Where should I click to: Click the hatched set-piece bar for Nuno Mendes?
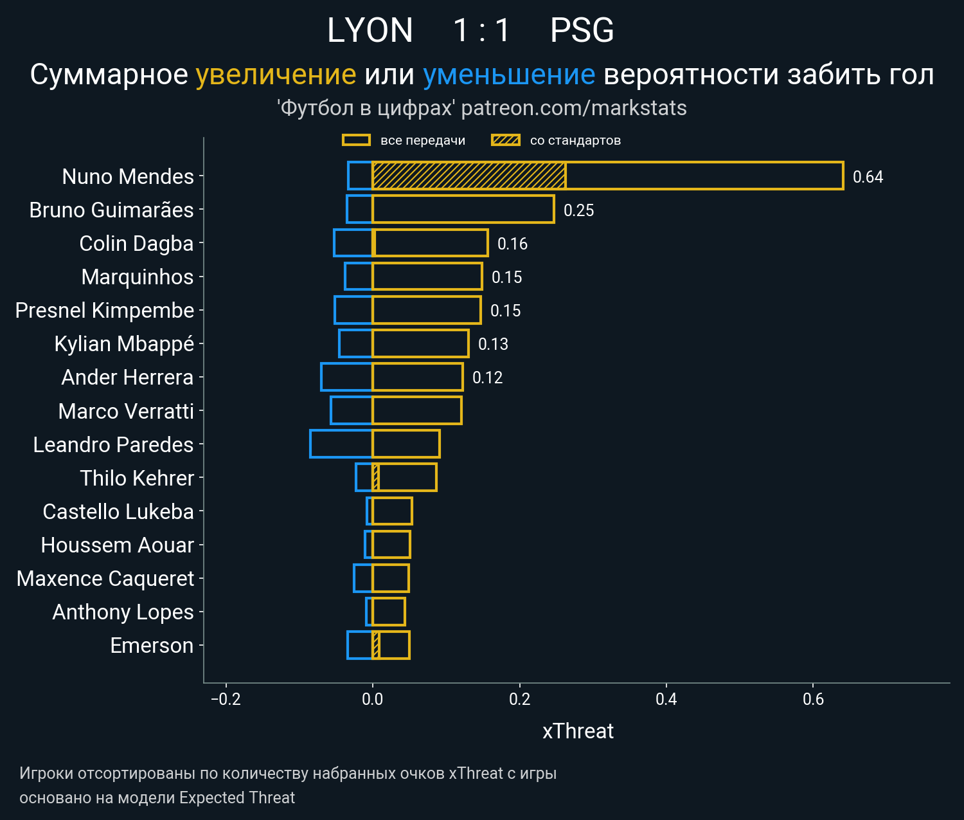(x=469, y=176)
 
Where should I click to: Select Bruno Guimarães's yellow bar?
(x=463, y=210)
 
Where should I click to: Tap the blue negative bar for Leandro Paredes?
(x=341, y=444)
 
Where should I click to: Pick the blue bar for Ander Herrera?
(x=346, y=377)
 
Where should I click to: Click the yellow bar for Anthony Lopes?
(x=389, y=612)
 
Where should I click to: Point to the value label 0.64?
(x=868, y=177)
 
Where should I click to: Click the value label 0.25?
(x=578, y=210)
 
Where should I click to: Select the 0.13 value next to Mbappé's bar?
(x=493, y=344)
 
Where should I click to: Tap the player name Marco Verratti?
(x=126, y=411)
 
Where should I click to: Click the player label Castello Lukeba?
(x=118, y=511)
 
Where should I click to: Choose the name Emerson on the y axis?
(x=152, y=645)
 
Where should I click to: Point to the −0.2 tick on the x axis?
(x=226, y=699)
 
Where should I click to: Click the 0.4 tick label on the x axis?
(x=666, y=699)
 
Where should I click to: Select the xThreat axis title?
(x=578, y=731)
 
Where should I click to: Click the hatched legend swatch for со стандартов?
(x=505, y=140)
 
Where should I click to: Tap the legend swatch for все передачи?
(x=356, y=140)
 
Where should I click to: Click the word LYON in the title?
(x=370, y=30)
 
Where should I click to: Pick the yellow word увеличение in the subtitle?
(x=276, y=75)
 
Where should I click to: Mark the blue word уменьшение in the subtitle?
(x=509, y=75)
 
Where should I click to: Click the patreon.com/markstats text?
(x=574, y=108)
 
